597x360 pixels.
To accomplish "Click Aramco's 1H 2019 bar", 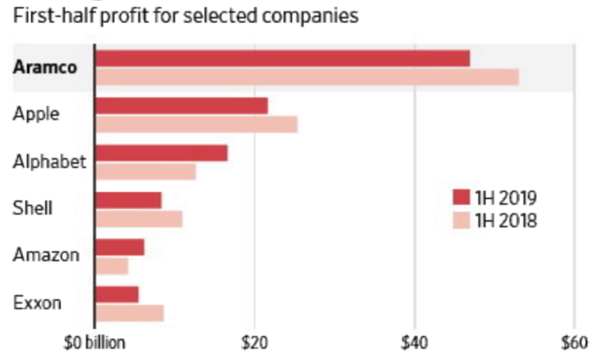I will pos(282,58).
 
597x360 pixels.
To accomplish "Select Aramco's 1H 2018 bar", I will pos(306,76).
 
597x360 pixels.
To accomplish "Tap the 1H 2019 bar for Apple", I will pos(181,106).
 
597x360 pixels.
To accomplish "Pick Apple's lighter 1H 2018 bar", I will pos(196,124).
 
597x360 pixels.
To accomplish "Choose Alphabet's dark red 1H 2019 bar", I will pos(161,153).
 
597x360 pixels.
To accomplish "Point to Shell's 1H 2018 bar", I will pos(138,218).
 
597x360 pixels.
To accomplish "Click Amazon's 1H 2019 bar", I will pos(120,247).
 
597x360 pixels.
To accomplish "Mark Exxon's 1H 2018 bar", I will pos(129,313).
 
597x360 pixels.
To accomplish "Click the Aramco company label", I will pos(45,67).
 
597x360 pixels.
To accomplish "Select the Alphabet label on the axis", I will pos(49,162).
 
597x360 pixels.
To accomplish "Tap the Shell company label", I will pos(33,208).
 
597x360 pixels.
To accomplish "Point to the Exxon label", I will pos(37,303).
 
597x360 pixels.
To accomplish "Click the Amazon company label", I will pos(46,255).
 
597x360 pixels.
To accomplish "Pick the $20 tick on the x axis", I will pos(254,343).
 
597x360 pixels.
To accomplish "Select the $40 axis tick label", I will pos(414,343).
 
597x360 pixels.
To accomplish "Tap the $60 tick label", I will pos(574,343).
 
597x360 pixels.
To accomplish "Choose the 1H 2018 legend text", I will pos(506,221).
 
